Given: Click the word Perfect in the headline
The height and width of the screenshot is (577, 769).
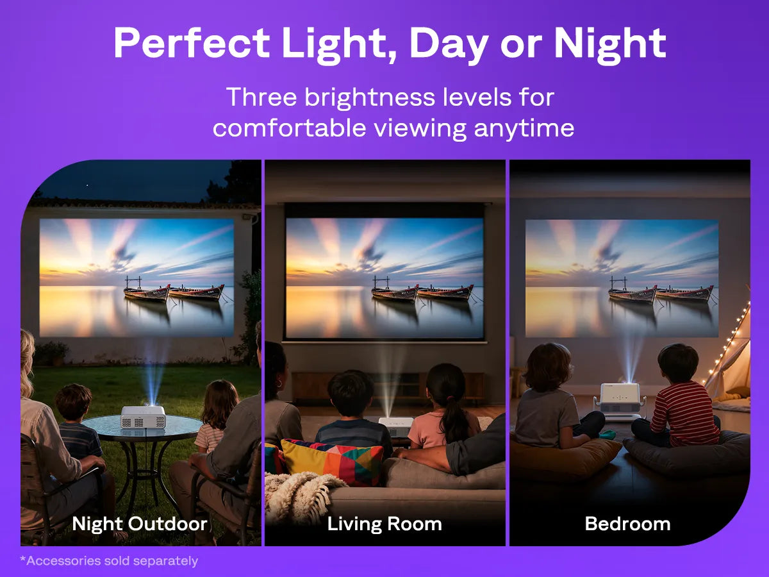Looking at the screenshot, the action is click(x=192, y=43).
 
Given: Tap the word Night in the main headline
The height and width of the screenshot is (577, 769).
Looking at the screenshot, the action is click(x=610, y=45).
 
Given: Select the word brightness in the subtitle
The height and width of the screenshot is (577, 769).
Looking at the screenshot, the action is click(x=370, y=97).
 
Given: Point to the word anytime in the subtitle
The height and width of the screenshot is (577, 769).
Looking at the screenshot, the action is click(x=524, y=128).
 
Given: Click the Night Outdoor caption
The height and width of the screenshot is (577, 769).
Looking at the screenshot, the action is click(x=140, y=524).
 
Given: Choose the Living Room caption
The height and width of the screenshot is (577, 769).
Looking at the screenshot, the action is click(x=384, y=524).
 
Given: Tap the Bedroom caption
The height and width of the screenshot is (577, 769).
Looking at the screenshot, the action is click(x=627, y=524).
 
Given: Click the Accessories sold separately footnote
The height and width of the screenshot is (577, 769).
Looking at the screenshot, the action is click(x=109, y=561).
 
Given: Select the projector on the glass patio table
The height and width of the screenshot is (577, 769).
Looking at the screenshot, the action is click(x=144, y=417).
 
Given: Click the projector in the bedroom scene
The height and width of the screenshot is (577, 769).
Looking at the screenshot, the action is click(x=620, y=402).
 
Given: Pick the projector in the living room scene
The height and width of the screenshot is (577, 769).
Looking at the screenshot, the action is click(x=396, y=426).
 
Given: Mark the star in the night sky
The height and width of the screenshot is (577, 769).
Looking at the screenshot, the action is click(x=87, y=186).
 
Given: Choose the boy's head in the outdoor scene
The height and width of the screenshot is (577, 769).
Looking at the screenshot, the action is click(x=74, y=401).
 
